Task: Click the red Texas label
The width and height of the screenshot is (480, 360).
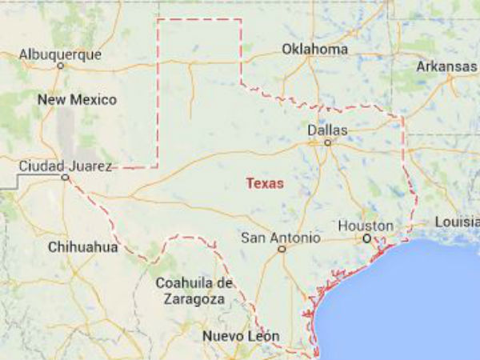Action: [x=264, y=183]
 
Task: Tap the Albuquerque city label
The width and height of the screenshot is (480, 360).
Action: [x=61, y=54]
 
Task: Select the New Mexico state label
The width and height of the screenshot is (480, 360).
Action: [x=77, y=100]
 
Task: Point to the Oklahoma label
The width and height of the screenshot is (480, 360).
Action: [x=314, y=50]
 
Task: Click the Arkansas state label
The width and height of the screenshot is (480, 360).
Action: [x=446, y=66]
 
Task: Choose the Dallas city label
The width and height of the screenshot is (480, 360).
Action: [x=327, y=129]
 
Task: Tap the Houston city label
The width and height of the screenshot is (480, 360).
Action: [x=365, y=226]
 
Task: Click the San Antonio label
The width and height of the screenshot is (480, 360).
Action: [x=281, y=238]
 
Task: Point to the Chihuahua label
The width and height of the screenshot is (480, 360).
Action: [x=82, y=246]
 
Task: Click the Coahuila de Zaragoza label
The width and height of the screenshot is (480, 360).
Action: [x=194, y=290]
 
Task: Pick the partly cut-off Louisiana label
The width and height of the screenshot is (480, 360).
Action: [x=457, y=222]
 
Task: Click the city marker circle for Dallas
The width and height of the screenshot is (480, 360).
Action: [x=327, y=142]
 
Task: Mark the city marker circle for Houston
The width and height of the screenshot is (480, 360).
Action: [x=366, y=238]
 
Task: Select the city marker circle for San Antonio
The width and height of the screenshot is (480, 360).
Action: [x=282, y=250]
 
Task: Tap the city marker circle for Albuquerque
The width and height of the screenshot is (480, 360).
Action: [x=61, y=66]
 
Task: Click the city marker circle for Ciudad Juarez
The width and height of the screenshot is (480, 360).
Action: [x=65, y=178]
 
